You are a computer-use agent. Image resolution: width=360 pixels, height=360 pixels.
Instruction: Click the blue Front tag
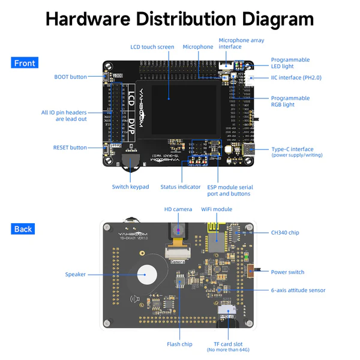25,63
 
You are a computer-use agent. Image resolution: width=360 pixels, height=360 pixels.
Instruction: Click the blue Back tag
24,229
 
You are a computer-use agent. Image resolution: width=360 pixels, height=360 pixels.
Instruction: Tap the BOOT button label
70,77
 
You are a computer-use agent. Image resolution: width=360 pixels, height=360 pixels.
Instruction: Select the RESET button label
70,148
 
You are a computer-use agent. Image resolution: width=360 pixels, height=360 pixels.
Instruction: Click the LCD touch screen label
152,47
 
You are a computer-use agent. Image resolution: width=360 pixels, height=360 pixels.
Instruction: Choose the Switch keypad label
130,187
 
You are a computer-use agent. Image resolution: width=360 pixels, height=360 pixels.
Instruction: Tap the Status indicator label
181,187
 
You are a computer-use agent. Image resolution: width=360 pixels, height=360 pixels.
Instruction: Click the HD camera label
178,209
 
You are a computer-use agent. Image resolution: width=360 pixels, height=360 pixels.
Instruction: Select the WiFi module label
216,209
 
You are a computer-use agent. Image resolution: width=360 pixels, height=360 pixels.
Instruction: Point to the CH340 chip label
285,233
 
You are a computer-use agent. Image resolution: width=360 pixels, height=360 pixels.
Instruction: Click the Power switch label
287,272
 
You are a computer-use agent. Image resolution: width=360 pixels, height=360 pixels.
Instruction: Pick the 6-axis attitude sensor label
298,290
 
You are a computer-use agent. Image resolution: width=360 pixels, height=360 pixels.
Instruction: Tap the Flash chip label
179,344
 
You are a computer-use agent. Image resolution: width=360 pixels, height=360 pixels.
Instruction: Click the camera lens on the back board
178,230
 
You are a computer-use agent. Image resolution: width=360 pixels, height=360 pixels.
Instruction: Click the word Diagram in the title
265,19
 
